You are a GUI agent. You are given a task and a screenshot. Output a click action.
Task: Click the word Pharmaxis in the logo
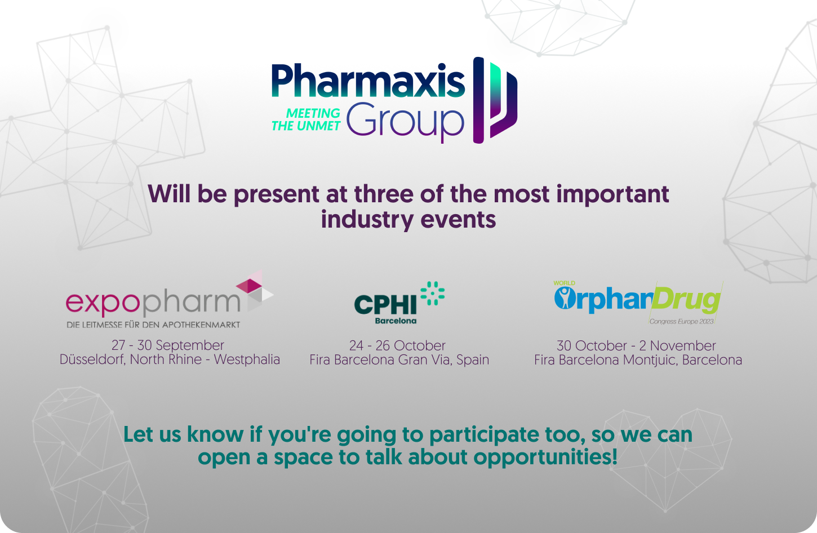pos(368,82)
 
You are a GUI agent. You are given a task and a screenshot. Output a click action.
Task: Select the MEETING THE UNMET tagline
pos(306,119)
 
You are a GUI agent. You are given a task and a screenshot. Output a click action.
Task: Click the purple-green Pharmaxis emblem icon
pos(495,100)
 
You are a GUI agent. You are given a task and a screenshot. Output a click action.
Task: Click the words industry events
pos(408,219)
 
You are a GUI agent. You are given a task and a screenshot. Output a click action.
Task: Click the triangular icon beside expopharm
pos(254,291)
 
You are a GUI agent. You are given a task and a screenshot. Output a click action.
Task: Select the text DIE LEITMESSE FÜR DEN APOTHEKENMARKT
pos(153,325)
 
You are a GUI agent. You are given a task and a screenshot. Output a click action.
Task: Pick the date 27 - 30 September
pos(168,345)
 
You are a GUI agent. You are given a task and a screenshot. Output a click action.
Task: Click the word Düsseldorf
pos(92,359)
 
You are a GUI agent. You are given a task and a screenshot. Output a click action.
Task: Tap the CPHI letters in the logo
pos(385,305)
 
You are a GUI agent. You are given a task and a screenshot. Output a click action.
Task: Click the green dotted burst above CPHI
pos(433,293)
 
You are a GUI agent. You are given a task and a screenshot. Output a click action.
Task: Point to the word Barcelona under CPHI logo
pos(396,321)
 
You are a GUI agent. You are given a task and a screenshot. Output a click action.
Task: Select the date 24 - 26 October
pos(397,345)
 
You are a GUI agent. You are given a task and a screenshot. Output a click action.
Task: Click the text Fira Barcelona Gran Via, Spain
pos(399,360)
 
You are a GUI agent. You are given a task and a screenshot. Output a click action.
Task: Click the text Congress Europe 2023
pos(681,321)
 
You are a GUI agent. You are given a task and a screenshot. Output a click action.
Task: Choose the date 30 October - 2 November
pos(636,345)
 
